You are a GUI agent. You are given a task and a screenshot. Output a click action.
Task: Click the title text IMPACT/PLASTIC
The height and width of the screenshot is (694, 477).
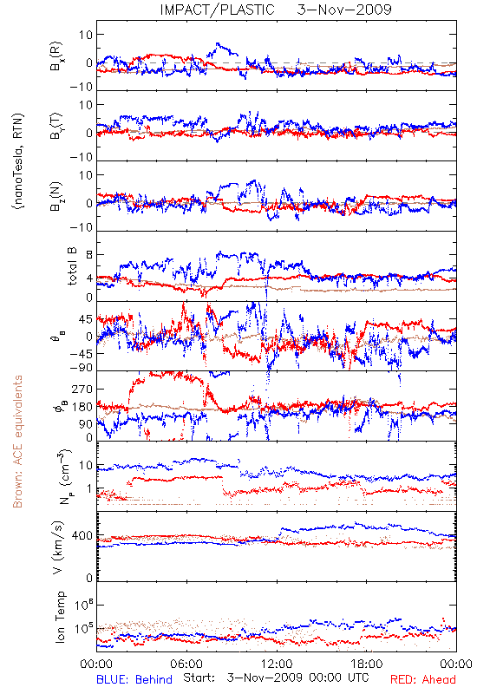pyautogui.click(x=217, y=10)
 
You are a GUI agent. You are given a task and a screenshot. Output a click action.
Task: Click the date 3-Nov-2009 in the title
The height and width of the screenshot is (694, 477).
pyautogui.click(x=344, y=10)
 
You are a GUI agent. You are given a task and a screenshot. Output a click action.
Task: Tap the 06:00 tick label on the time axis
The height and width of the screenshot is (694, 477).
pyautogui.click(x=186, y=664)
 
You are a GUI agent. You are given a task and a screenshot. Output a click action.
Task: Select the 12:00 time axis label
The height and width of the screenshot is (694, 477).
pyautogui.click(x=277, y=664)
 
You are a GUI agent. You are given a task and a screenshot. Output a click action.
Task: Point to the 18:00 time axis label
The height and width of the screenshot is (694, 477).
pyautogui.click(x=366, y=664)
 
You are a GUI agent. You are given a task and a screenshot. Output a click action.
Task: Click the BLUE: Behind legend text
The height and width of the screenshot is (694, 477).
pyautogui.click(x=134, y=679)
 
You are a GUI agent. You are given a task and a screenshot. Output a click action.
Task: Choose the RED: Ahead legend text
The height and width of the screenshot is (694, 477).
pyautogui.click(x=422, y=679)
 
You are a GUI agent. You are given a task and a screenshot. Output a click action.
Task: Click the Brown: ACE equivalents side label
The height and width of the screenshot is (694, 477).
pyautogui.click(x=17, y=442)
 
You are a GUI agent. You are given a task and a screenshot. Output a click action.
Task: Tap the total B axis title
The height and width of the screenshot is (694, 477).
pyautogui.click(x=72, y=266)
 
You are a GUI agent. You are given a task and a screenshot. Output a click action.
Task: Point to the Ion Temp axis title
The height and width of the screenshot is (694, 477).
pyautogui.click(x=60, y=617)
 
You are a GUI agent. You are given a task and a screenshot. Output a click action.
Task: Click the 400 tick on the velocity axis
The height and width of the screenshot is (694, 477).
pyautogui.click(x=82, y=536)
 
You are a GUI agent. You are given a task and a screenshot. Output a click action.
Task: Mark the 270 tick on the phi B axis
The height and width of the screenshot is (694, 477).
pyautogui.click(x=82, y=389)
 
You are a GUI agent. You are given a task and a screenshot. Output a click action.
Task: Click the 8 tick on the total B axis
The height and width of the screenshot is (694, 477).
pyautogui.click(x=90, y=255)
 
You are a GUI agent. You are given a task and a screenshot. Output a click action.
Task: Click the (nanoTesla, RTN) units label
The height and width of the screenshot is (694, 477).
pyautogui.click(x=18, y=161)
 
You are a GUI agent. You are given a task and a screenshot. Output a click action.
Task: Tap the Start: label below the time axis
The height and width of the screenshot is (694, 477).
pyautogui.click(x=199, y=678)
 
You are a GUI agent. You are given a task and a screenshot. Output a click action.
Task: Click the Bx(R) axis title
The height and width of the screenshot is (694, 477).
pyautogui.click(x=56, y=56)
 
